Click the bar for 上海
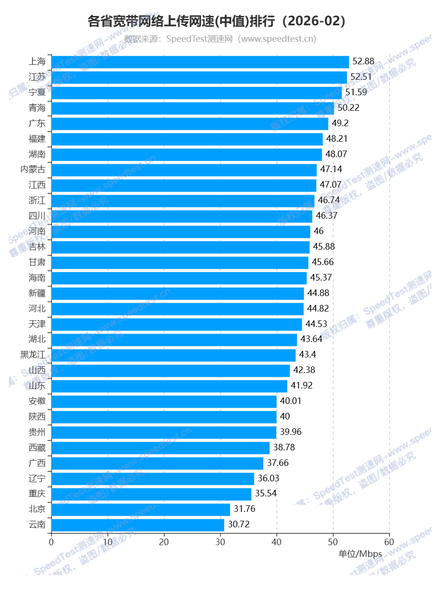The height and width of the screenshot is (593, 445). [200, 62]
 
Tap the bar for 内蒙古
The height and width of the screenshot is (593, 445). [184, 170]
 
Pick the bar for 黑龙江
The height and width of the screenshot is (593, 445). [173, 355]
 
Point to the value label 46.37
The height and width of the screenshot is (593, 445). [326, 216]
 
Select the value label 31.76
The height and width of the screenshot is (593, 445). [245, 509]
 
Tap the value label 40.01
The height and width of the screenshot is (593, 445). [291, 401]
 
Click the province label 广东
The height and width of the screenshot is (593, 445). [37, 123]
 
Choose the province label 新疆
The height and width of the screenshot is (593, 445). [37, 293]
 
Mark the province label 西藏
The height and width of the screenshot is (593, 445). [37, 448]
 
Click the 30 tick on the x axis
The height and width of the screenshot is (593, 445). [221, 542]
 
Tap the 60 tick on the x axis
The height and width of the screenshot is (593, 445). [389, 542]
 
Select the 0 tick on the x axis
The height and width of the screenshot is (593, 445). [51, 542]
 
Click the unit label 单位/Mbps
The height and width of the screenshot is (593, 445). [360, 554]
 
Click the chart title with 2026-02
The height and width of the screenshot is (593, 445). [217, 21]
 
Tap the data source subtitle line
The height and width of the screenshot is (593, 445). [220, 39]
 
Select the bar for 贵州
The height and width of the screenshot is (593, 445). [164, 432]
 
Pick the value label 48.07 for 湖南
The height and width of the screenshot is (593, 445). [336, 154]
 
